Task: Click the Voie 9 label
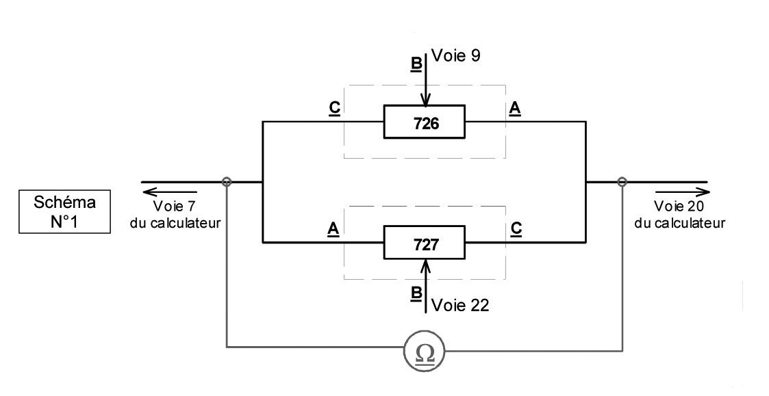455,56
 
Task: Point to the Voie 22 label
460,305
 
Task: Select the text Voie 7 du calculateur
175,214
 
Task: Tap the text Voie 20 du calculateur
679,214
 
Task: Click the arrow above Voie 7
170,192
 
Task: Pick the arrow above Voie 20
682,192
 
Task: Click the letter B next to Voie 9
416,65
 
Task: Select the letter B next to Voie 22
416,293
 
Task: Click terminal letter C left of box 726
334,108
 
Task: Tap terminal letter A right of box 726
514,108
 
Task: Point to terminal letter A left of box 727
333,229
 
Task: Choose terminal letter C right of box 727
516,229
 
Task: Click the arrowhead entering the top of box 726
425,100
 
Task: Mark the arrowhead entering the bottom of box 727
425,265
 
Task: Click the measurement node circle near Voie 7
227,182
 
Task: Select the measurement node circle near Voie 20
622,182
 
